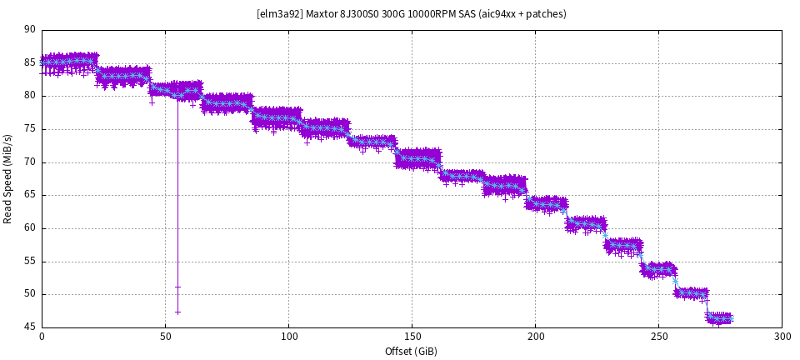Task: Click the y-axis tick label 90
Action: pyautogui.click(x=30, y=30)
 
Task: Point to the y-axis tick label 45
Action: pyautogui.click(x=30, y=327)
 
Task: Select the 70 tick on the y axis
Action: pyautogui.click(x=30, y=162)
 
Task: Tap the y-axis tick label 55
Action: pyautogui.click(x=30, y=261)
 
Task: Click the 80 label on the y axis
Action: pyautogui.click(x=30, y=96)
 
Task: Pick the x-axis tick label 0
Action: pyautogui.click(x=42, y=337)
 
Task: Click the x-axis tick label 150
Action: pyautogui.click(x=412, y=337)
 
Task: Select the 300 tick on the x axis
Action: pyautogui.click(x=782, y=337)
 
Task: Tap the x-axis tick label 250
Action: pyautogui.click(x=658, y=337)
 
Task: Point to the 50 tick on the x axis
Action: pyautogui.click(x=165, y=337)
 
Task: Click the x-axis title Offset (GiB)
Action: pyautogui.click(x=411, y=351)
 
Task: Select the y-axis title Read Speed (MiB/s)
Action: pyautogui.click(x=8, y=178)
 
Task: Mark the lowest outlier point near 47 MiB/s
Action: pyautogui.click(x=177, y=312)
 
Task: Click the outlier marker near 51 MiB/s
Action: pyautogui.click(x=177, y=287)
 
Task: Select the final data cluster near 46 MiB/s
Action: pyautogui.click(x=719, y=318)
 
